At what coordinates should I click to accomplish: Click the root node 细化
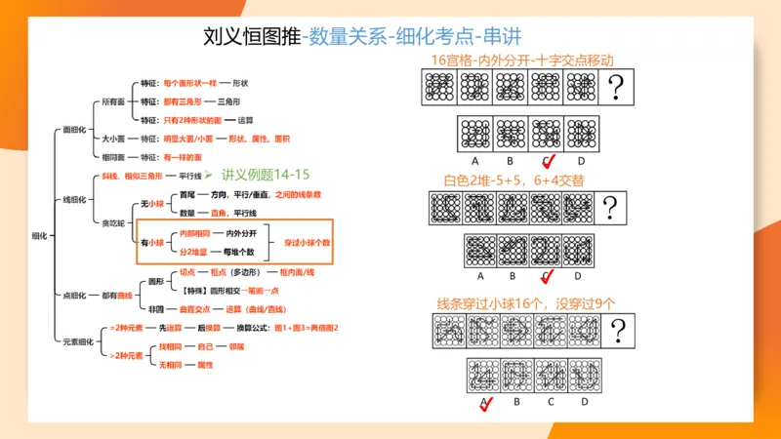pos(40,235)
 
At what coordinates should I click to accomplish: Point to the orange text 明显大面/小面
pos(187,140)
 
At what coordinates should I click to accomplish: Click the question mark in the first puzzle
pos(616,89)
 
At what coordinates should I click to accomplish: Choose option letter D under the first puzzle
pos(582,160)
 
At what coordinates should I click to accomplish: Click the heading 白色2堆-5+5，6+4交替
pos(514,180)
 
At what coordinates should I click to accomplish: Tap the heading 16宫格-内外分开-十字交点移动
pos(522,60)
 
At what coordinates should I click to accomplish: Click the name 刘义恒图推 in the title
pos(252,36)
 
